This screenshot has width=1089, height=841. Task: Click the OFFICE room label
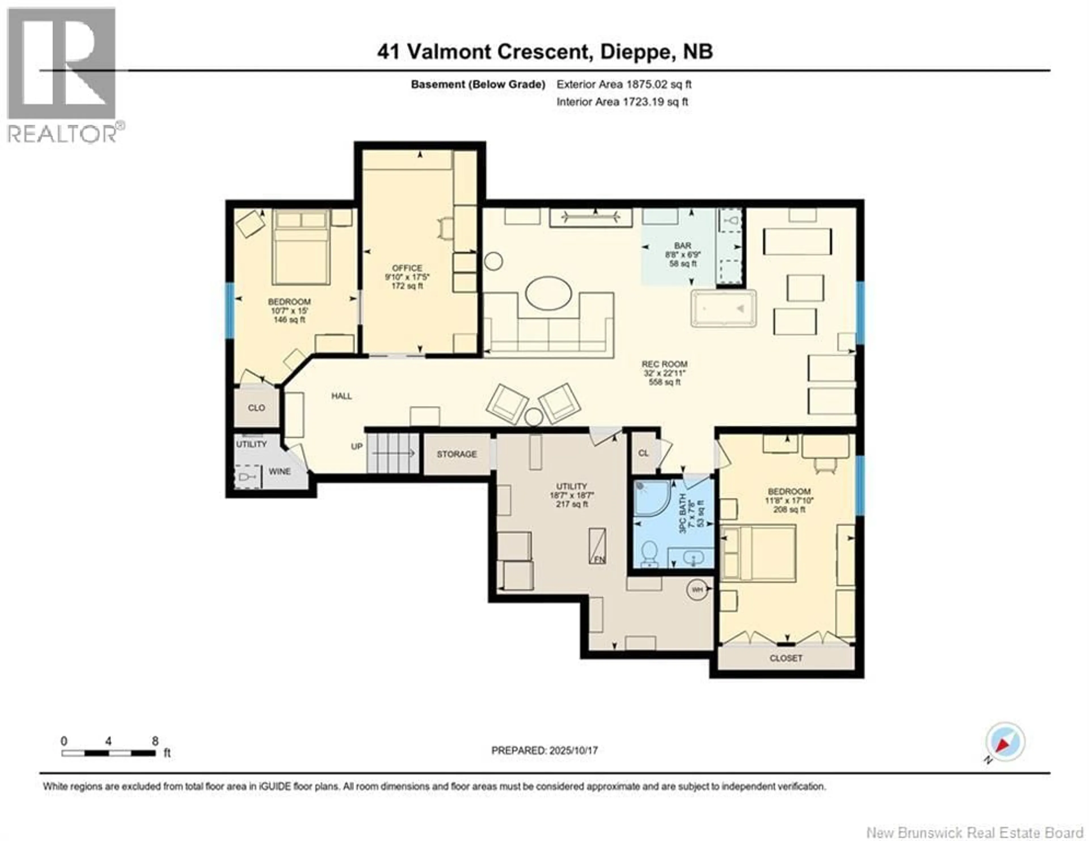(407, 268)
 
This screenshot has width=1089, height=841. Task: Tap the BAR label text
(683, 245)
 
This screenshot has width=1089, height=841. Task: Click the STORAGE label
(457, 454)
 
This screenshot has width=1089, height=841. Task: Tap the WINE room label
(279, 471)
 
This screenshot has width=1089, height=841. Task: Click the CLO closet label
(256, 408)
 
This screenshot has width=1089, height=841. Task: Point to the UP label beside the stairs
(356, 446)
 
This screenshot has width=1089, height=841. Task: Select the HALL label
(341, 396)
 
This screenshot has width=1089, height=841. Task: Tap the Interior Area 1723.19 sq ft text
(622, 102)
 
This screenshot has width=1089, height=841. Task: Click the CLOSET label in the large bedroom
(786, 658)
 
